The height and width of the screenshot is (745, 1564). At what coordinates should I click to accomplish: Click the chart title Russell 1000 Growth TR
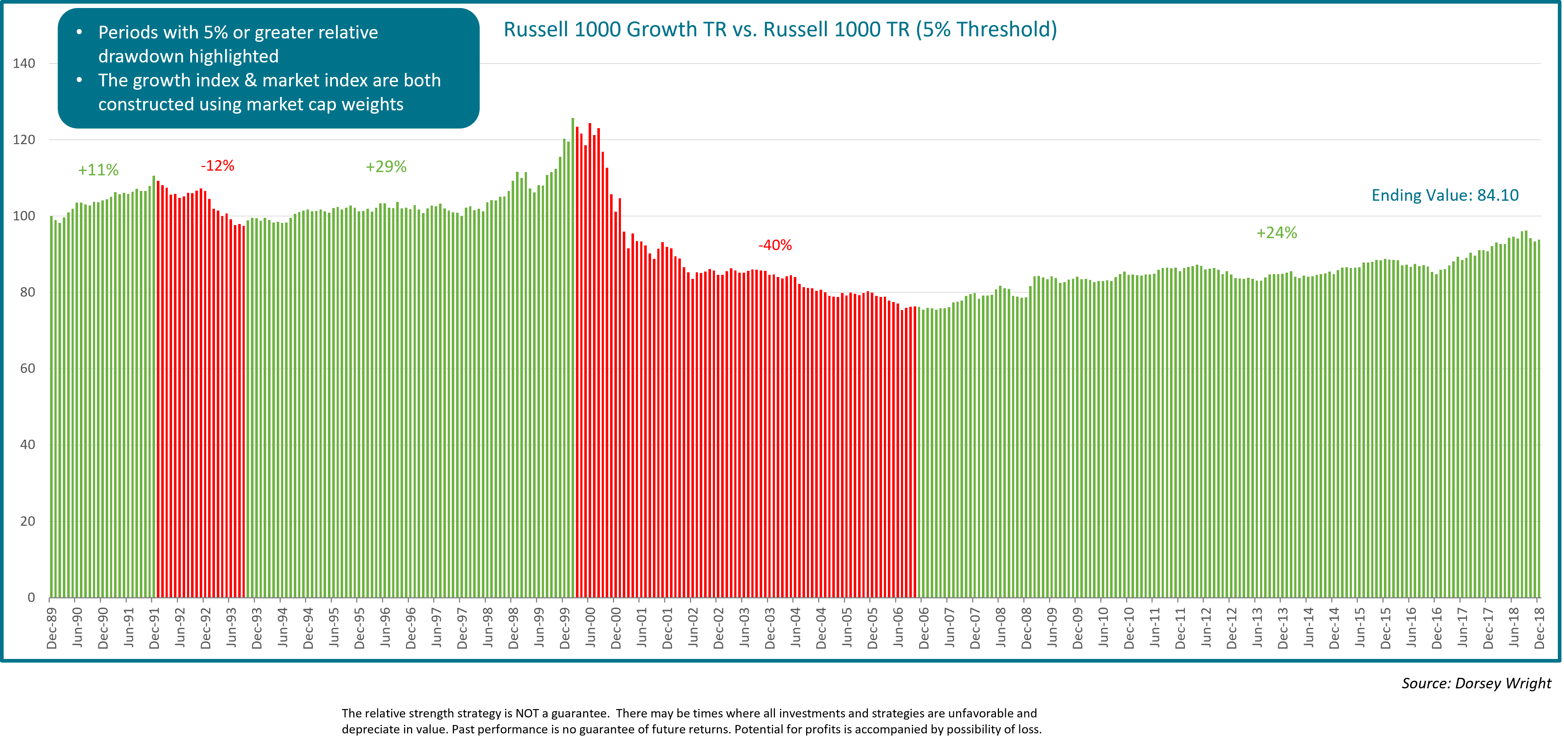pos(780,29)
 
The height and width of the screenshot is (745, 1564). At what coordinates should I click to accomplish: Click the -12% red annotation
pos(218,166)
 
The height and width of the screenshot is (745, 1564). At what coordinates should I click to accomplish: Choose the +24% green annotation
pos(1276,233)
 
